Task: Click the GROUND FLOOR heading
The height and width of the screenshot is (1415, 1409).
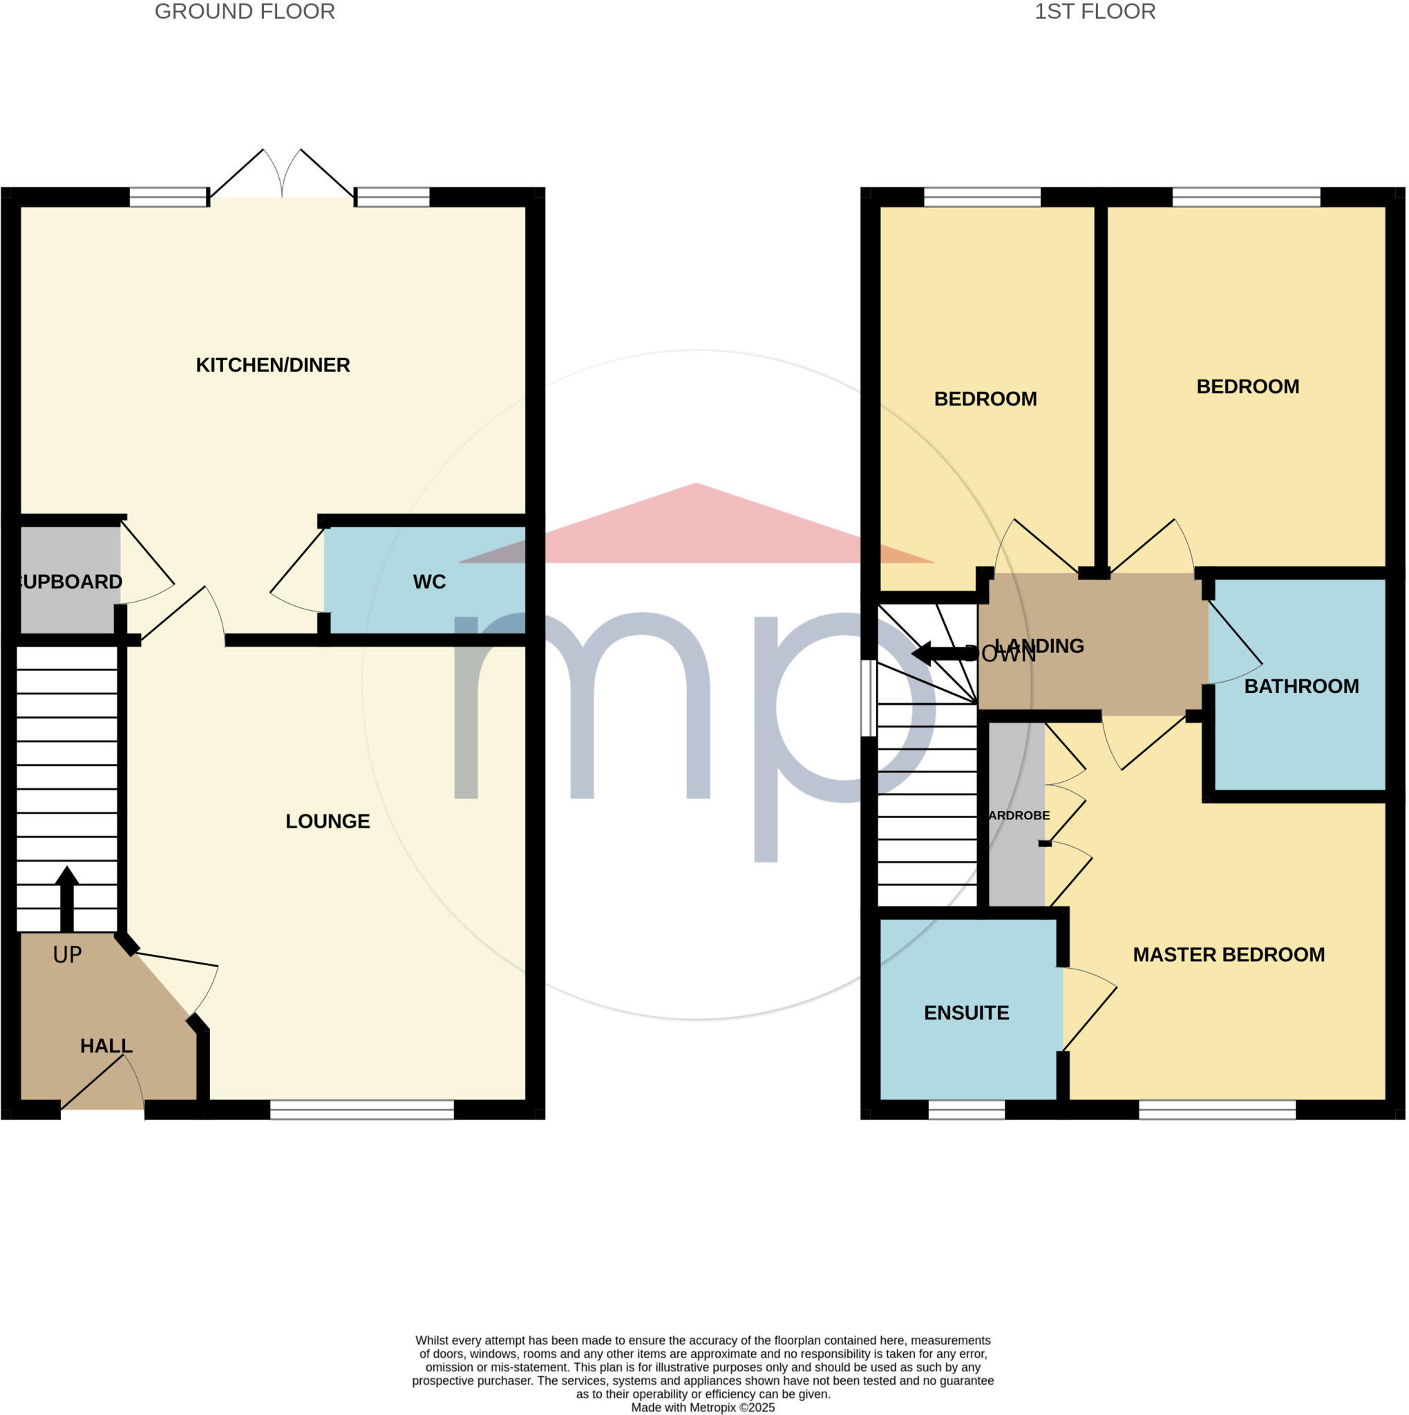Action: (x=245, y=12)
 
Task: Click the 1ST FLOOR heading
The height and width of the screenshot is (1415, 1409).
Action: (x=1095, y=12)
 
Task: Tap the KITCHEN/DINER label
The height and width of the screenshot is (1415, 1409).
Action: (x=272, y=365)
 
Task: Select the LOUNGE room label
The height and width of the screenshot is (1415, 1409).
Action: (x=328, y=821)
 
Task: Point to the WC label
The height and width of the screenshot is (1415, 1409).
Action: (x=428, y=582)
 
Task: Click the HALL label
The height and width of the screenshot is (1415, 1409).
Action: (x=106, y=1046)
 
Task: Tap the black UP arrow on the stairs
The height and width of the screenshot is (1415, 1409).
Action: (x=66, y=898)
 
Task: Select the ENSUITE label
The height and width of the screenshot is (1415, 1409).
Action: (x=966, y=1013)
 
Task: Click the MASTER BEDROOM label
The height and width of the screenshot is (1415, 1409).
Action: (x=1228, y=954)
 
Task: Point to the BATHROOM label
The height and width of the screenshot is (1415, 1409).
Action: (x=1301, y=686)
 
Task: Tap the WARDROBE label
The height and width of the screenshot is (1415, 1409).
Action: (x=1019, y=815)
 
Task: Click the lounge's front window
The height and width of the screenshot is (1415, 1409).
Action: (x=362, y=1110)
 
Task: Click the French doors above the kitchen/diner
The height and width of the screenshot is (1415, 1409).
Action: (x=282, y=175)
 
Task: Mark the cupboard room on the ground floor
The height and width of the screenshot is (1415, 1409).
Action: (x=70, y=581)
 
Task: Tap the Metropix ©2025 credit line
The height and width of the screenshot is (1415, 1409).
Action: (x=702, y=1407)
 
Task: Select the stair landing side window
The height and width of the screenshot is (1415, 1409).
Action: (x=869, y=698)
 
